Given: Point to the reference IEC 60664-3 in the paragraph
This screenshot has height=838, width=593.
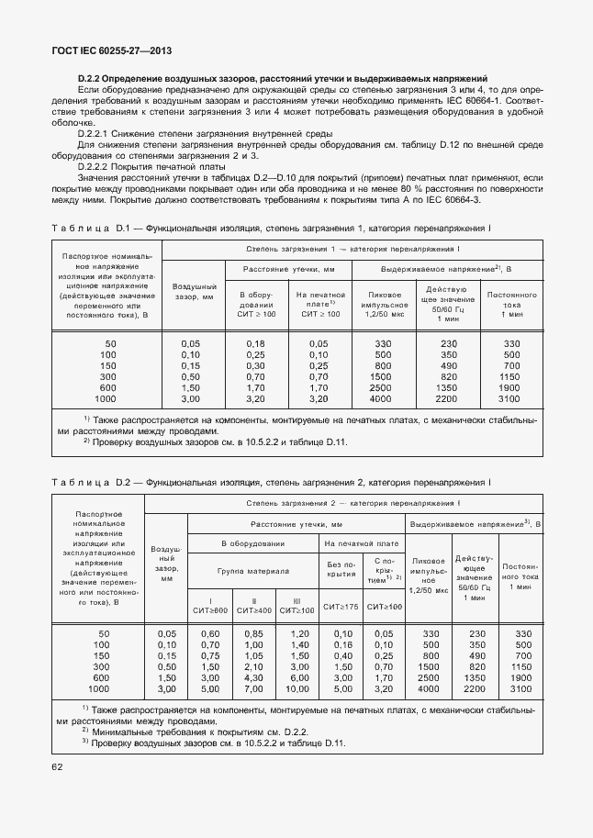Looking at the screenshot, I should click(455, 199).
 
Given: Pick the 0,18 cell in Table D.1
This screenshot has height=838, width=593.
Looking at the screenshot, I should click(256, 343).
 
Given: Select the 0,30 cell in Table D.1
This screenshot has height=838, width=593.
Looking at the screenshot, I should click(256, 365).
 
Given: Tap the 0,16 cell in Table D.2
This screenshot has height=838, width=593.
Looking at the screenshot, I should click(341, 644).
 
